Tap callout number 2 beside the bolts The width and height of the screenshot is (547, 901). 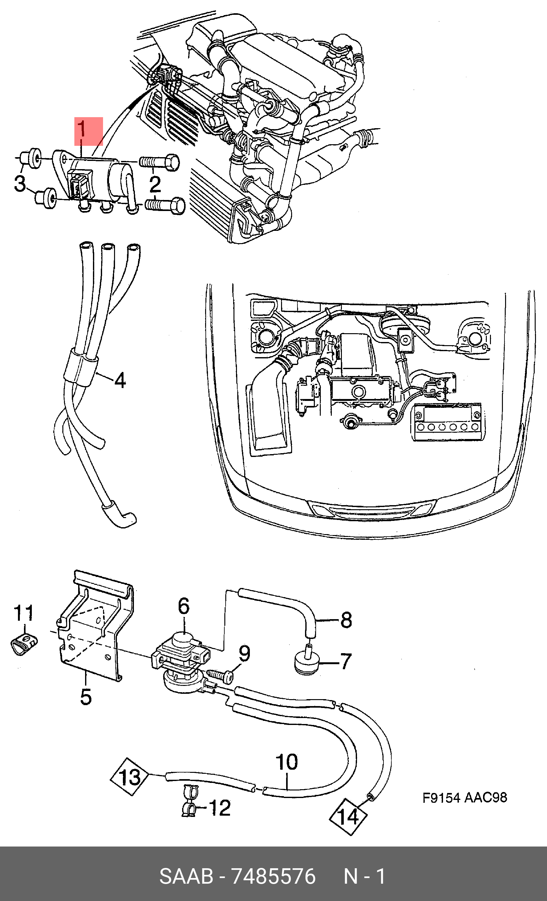point(155,184)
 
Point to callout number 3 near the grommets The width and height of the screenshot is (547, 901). point(20,183)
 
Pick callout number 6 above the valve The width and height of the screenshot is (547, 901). point(184,606)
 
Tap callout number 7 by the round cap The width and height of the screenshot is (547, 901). point(346,661)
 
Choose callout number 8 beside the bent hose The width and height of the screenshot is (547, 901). point(346,620)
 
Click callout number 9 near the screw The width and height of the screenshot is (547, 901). point(245,653)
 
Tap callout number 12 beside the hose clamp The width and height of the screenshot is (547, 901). point(220,808)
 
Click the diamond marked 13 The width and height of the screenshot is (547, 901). point(130,777)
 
